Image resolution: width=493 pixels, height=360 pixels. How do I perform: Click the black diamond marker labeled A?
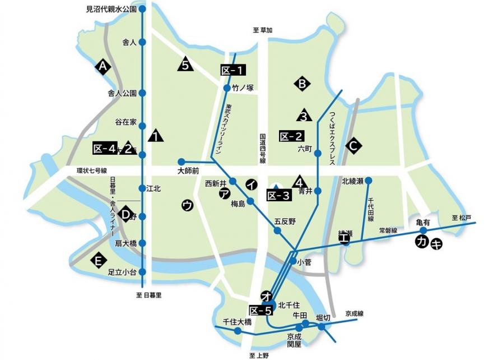[102, 67]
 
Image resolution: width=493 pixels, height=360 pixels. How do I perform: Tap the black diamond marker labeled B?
[301, 84]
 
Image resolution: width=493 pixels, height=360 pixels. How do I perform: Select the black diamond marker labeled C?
[354, 146]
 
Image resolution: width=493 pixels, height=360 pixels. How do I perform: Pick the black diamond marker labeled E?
[99, 260]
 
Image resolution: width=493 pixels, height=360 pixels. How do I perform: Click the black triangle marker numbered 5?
[185, 65]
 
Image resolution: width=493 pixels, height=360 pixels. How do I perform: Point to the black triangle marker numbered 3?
[304, 116]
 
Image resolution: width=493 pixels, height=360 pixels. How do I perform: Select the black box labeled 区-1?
[232, 71]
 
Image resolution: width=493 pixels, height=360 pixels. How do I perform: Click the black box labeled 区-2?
[291, 136]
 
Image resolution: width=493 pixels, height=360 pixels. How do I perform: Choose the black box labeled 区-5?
[261, 310]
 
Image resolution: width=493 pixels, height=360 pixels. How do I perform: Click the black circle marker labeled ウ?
[188, 205]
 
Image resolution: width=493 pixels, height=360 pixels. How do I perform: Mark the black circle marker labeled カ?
[421, 242]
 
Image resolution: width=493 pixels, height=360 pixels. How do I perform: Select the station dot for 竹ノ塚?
[226, 88]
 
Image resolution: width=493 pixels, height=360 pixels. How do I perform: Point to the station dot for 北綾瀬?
[369, 181]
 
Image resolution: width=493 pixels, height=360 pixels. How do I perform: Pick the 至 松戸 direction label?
[462, 217]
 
